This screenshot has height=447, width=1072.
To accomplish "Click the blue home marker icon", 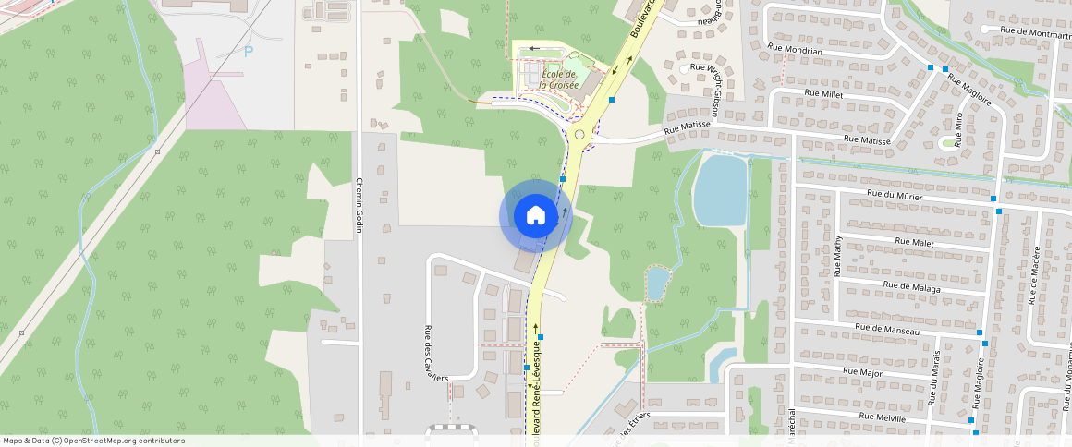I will pyautogui.click(x=535, y=216).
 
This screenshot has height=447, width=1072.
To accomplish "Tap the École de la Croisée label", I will pyautogui.click(x=559, y=79).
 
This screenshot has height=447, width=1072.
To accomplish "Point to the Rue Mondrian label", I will pyautogui.click(x=794, y=51).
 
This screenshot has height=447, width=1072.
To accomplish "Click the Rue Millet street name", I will pyautogui.click(x=823, y=93).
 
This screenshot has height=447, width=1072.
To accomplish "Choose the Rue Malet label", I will pyautogui.click(x=915, y=241).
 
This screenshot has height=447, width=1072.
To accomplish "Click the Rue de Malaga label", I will pyautogui.click(x=911, y=287).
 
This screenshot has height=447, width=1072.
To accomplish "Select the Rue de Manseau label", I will pyautogui.click(x=887, y=329).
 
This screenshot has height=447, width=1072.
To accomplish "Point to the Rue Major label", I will pyautogui.click(x=862, y=371).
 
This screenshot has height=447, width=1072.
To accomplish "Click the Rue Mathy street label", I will pyautogui.click(x=838, y=256).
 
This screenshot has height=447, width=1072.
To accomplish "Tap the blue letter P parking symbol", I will pyautogui.click(x=248, y=52).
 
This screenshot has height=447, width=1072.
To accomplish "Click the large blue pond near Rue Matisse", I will pyautogui.click(x=719, y=189).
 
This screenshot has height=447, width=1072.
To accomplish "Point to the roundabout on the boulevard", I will pyautogui.click(x=580, y=134).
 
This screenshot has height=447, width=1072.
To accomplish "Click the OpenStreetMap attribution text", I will pyautogui.click(x=92, y=441).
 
